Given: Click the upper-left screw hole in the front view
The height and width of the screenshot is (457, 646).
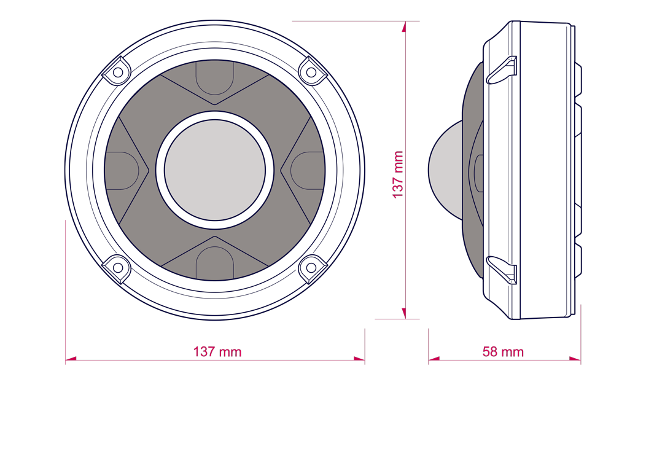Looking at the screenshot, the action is (x=118, y=72).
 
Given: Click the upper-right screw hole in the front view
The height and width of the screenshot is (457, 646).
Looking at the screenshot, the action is (x=311, y=72).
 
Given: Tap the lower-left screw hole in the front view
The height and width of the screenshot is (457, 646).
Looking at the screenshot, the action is (x=118, y=267).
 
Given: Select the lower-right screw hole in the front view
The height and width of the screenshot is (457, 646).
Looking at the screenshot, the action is (x=311, y=267).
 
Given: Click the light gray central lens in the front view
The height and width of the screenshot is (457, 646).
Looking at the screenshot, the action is (x=215, y=170).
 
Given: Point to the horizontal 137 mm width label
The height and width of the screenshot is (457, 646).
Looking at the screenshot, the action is (x=217, y=351).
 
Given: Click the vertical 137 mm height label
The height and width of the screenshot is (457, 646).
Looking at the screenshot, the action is (x=397, y=174).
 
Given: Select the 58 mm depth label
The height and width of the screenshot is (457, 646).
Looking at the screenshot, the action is (x=503, y=351).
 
